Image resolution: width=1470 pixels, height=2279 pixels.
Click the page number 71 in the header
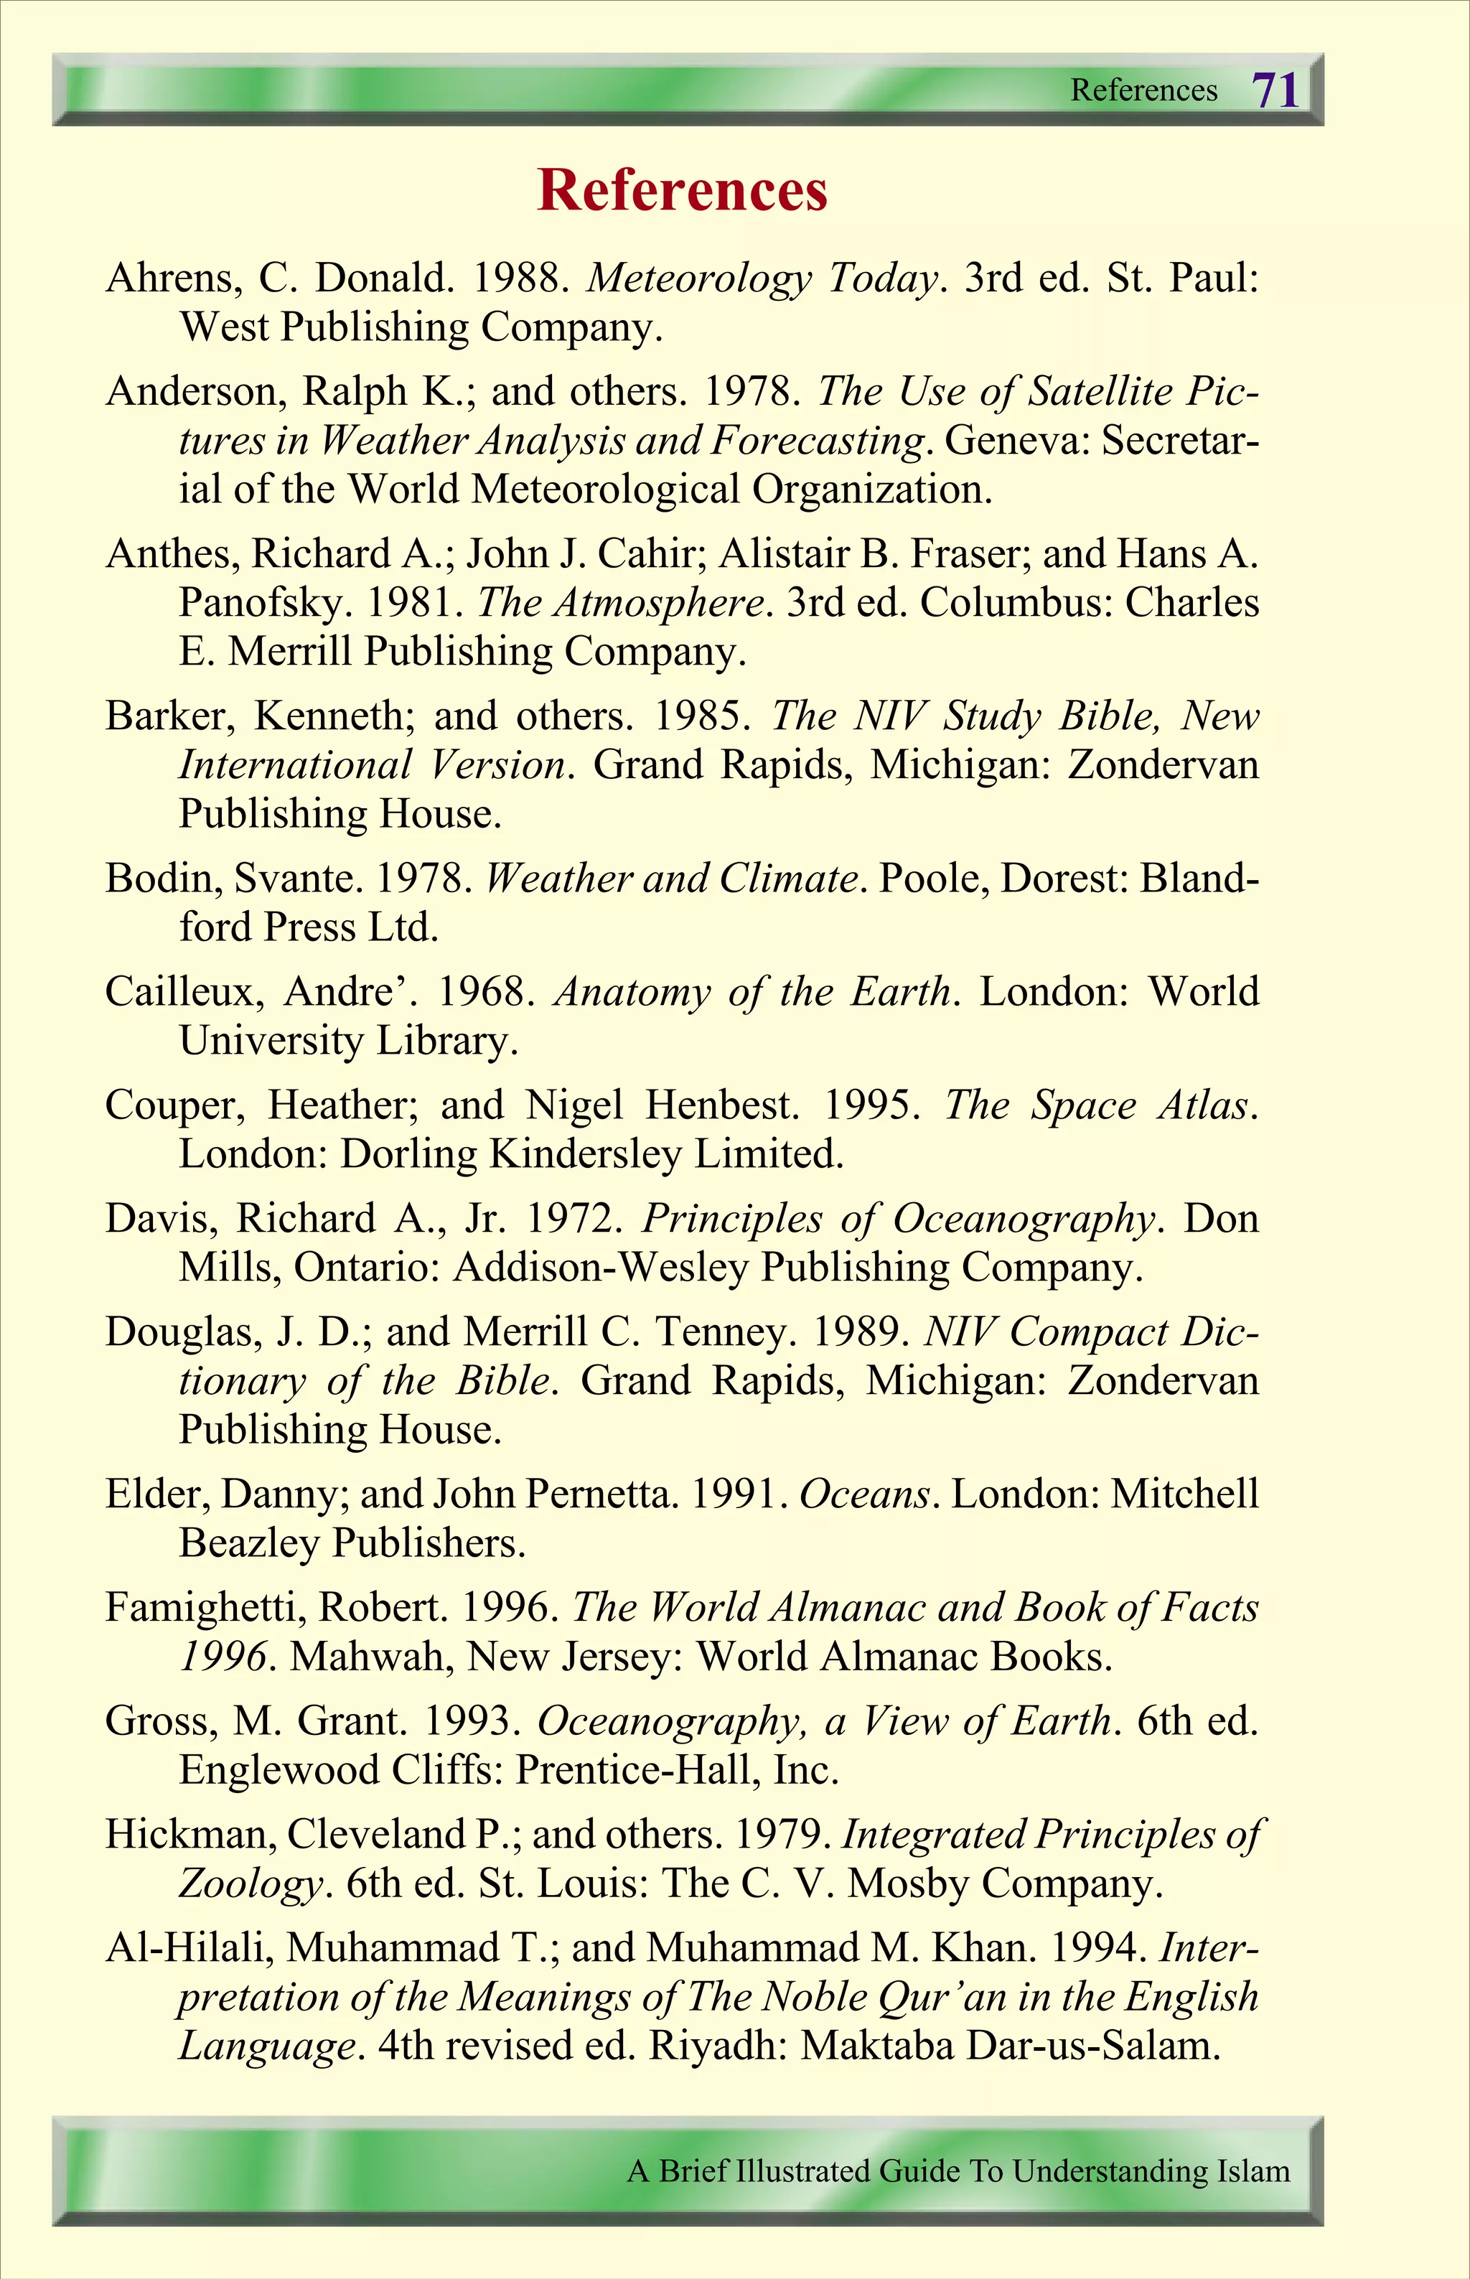point(1275,90)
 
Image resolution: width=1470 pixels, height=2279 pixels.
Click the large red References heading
point(683,190)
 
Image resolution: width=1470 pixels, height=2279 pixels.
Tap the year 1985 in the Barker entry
point(701,716)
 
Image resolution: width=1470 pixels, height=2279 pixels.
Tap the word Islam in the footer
point(1253,2171)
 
